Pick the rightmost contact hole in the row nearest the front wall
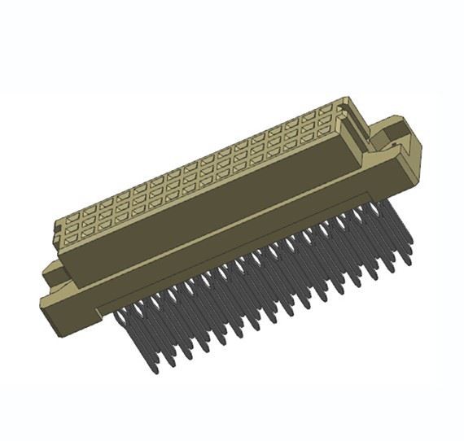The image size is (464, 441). pyautogui.click(x=325, y=130)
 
